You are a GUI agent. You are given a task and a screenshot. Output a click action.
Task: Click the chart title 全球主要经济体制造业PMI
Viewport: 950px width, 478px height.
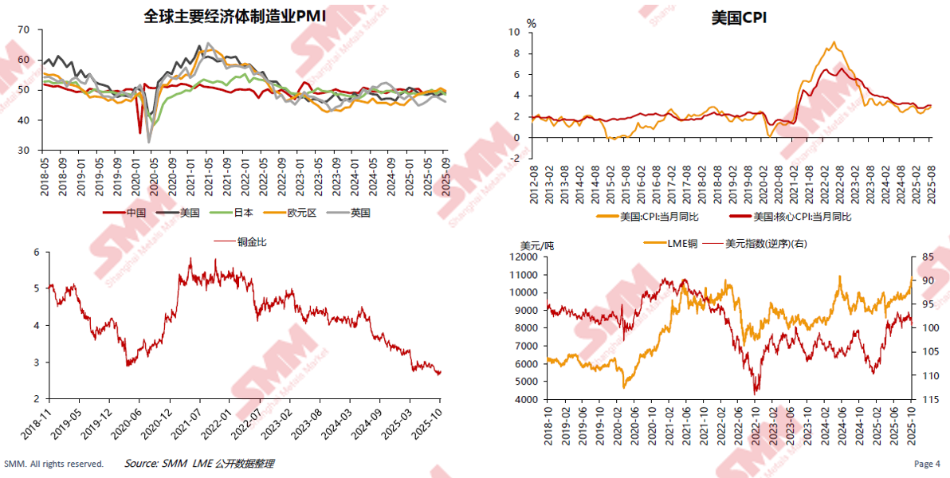tap(234, 15)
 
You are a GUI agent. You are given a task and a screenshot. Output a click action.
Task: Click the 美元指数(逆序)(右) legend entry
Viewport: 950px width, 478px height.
tap(766, 244)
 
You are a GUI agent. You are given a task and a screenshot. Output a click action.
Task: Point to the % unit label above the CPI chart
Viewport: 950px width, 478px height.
tap(532, 23)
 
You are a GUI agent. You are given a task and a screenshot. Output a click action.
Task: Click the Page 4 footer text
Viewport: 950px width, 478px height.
tap(927, 464)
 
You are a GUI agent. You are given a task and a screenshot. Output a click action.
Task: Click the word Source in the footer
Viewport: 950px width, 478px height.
tap(140, 464)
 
